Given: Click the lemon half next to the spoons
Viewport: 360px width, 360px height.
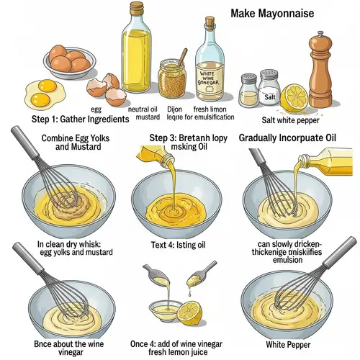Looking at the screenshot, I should (x=190, y=313).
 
